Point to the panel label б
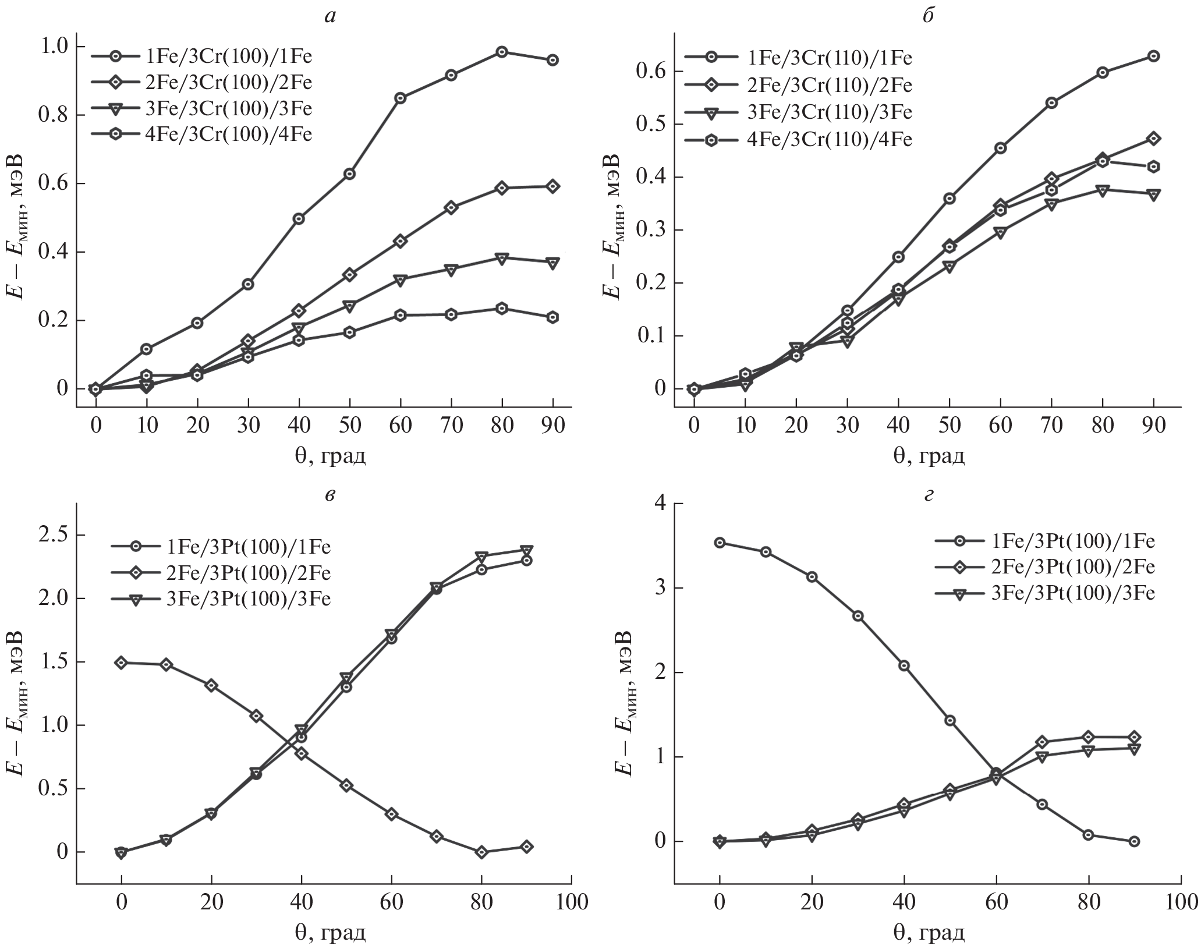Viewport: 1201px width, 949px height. (x=928, y=16)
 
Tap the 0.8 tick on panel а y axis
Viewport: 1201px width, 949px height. (x=54, y=115)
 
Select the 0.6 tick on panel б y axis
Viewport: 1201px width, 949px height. (x=652, y=72)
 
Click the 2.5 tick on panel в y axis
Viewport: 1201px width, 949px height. (x=54, y=536)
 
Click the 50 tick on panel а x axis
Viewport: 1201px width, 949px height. (x=349, y=426)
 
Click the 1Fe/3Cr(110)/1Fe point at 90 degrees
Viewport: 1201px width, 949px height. (x=1153, y=56)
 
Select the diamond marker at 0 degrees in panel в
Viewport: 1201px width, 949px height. (x=121, y=663)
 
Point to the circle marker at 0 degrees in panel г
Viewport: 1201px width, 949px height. (x=720, y=543)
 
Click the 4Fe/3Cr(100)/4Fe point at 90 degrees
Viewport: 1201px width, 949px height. (x=552, y=317)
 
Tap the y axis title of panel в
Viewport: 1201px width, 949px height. (x=17, y=699)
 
